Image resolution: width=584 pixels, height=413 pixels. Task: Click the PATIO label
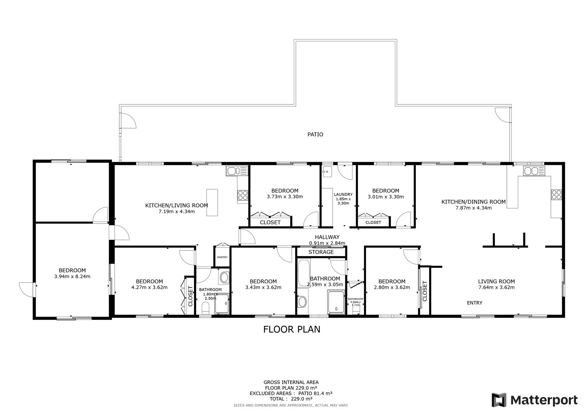coord(315,134)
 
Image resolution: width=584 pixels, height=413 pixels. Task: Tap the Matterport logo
coord(534,400)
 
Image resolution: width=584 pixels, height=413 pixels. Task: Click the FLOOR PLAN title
coord(292,329)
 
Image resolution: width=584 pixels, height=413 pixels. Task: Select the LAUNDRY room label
coord(343,194)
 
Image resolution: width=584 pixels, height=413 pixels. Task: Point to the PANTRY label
coord(222,257)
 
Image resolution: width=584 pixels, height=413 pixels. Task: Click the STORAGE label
coord(321,252)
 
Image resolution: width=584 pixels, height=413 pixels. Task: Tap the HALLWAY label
coord(327,237)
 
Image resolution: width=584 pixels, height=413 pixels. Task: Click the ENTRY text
coord(474,303)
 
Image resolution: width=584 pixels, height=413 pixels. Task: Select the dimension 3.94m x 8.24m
coord(72,276)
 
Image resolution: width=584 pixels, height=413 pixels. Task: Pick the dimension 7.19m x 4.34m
coord(177,211)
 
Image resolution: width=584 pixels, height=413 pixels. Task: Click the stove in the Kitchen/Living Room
coord(243,195)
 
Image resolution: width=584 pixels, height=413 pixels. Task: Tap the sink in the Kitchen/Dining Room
coord(534,171)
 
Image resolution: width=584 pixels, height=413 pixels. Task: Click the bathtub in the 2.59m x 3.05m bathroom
coord(304,273)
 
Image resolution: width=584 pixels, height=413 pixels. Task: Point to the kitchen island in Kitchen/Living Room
coord(212,203)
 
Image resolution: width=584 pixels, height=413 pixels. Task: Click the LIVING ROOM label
coord(496,282)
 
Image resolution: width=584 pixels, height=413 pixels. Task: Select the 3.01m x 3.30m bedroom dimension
coord(385,197)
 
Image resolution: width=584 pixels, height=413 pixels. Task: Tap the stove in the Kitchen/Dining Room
coord(556,195)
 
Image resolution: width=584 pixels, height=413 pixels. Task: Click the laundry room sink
coord(327,172)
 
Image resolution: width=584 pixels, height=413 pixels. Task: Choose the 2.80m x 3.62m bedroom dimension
coord(392,287)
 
